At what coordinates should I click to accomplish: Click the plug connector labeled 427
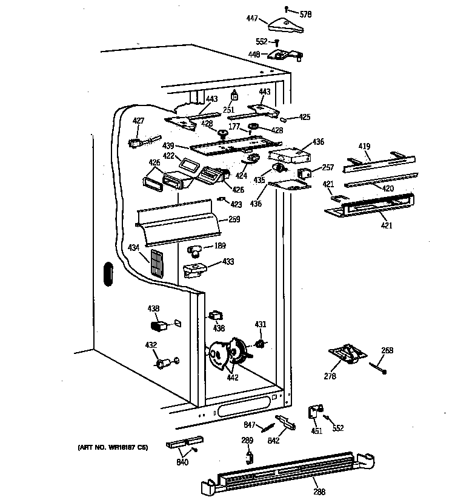(x=136, y=144)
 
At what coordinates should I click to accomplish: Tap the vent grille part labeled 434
(x=157, y=264)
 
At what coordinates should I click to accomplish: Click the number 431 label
(x=259, y=325)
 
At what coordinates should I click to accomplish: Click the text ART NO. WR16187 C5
(x=113, y=447)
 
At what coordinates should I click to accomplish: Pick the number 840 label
(x=182, y=462)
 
